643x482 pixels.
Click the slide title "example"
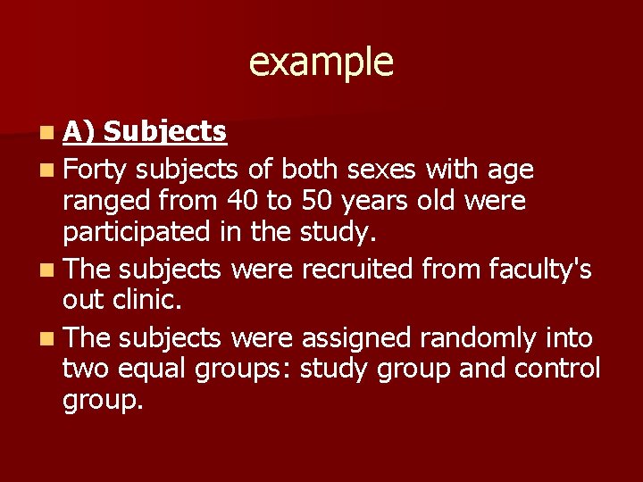(x=321, y=62)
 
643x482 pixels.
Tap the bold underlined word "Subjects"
(x=165, y=132)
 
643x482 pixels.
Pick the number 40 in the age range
(x=245, y=202)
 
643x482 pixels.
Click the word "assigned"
(x=355, y=337)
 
